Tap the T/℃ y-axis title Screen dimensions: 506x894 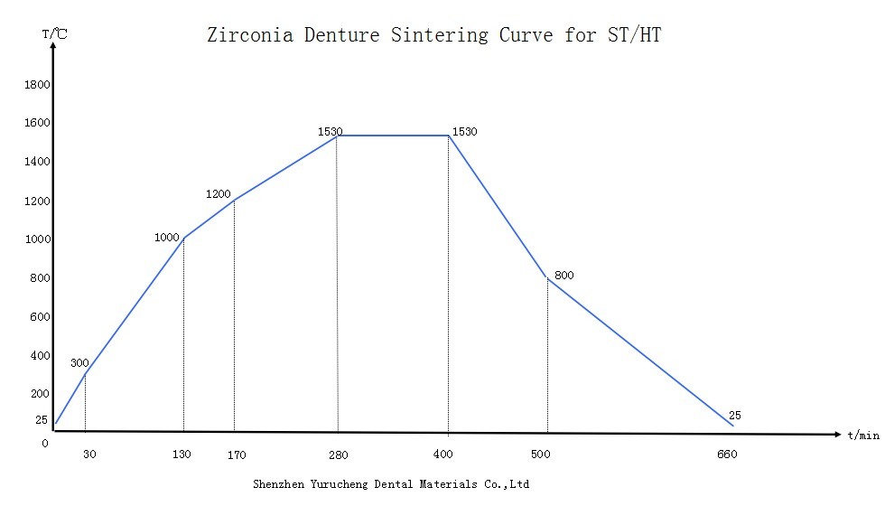coord(54,33)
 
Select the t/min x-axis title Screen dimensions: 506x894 coord(862,435)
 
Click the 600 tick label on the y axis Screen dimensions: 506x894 coord(40,317)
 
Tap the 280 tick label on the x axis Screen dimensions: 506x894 coord(338,454)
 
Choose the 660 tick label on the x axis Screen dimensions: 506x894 coord(727,454)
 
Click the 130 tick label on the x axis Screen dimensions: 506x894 coord(182,454)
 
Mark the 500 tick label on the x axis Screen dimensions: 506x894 coord(541,454)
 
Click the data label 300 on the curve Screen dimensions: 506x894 coord(79,363)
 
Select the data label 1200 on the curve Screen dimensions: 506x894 coord(219,194)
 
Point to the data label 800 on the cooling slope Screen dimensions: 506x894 coord(563,276)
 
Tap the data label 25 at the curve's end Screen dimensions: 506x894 coord(734,416)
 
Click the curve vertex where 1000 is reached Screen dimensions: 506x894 coord(183,239)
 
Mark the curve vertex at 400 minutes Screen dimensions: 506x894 coord(449,136)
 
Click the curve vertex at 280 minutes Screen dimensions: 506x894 coord(337,136)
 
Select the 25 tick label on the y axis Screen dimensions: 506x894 coord(42,420)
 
